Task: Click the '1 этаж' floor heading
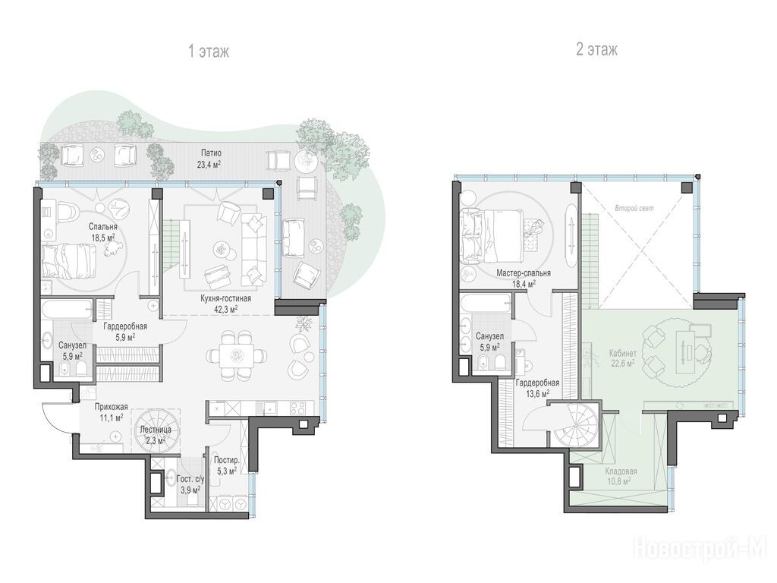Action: click(209, 51)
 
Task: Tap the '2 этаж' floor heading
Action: click(596, 49)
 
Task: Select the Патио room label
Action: click(211, 153)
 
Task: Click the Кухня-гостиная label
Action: click(225, 298)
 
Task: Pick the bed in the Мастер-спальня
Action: click(491, 234)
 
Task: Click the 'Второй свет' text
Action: click(634, 208)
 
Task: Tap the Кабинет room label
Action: click(623, 354)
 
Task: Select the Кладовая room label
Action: click(621, 471)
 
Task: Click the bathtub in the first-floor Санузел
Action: click(68, 309)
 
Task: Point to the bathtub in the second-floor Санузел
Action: click(486, 304)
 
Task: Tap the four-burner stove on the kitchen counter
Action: click(297, 408)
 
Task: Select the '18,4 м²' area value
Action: click(524, 284)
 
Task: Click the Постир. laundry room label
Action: click(226, 460)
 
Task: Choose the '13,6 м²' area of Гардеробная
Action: click(538, 394)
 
